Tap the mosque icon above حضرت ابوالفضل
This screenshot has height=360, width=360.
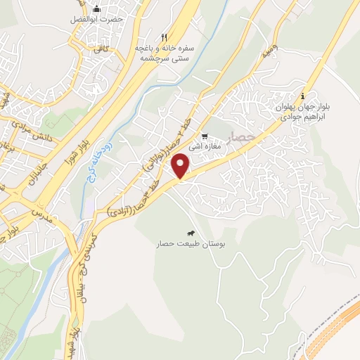(97, 8)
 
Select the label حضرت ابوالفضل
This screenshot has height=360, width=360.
(96, 19)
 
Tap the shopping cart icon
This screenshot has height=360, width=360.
(204, 136)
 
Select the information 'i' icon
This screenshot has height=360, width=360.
(302, 96)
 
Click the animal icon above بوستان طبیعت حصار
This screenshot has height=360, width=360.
(191, 233)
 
